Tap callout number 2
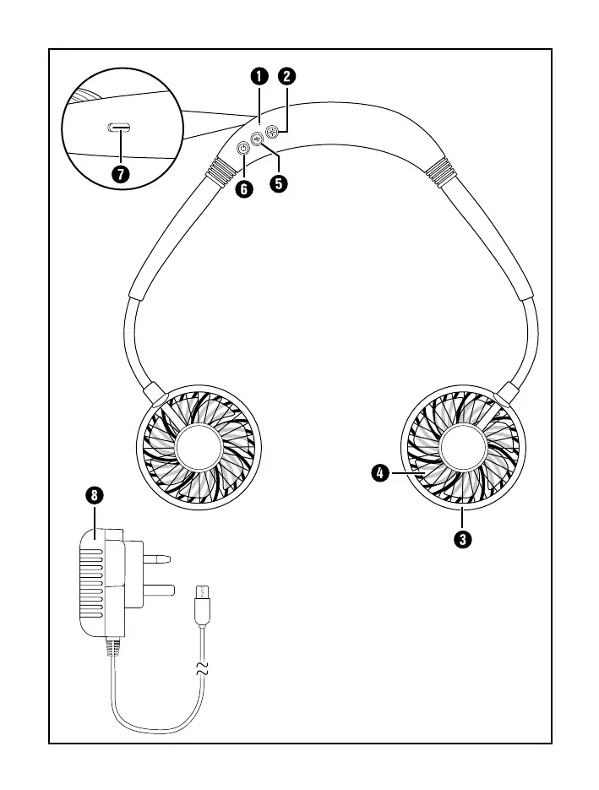(x=286, y=77)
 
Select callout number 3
(x=462, y=539)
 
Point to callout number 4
(x=380, y=473)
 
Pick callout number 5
(x=279, y=183)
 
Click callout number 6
(x=244, y=189)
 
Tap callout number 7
(x=121, y=174)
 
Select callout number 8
(x=95, y=495)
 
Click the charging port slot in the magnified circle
(x=119, y=128)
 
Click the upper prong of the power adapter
(x=156, y=558)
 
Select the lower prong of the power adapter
(x=158, y=590)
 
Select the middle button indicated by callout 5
(x=258, y=139)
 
